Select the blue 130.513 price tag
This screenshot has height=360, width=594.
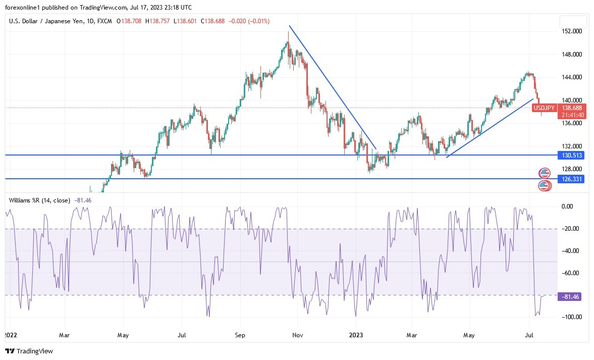point(571,156)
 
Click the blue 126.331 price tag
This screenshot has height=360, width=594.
point(571,179)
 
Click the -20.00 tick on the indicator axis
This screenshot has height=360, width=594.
point(570,229)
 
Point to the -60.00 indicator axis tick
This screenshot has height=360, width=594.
point(570,273)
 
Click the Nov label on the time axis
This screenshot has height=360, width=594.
point(298,335)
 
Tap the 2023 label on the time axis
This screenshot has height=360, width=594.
point(356,335)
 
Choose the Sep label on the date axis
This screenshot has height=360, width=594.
point(240,335)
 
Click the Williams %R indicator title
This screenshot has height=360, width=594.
point(39,200)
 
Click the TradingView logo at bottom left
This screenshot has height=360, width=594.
point(29,351)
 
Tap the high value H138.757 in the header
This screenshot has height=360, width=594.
point(158,21)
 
